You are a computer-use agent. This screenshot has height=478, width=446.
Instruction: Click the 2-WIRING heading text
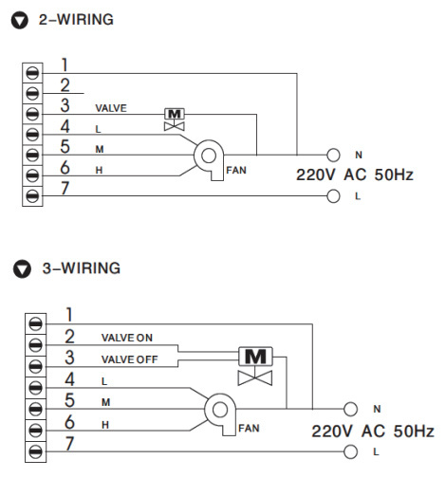[76, 20]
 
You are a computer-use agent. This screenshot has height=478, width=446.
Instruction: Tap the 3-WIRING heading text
[82, 268]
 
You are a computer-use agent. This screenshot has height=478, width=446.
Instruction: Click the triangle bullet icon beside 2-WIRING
[20, 21]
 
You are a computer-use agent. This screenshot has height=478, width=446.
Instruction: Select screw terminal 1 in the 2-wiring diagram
[32, 73]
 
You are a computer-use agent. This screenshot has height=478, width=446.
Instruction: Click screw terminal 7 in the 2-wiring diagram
[32, 196]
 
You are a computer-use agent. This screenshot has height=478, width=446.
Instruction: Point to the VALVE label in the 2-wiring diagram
[111, 108]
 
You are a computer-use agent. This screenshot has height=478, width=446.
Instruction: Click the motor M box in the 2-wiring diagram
[175, 114]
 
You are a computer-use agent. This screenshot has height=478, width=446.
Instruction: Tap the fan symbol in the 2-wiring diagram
[209, 159]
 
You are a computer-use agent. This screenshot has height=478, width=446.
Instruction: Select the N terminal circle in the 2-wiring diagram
[333, 156]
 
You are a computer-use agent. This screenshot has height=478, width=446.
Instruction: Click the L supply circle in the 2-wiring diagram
[333, 196]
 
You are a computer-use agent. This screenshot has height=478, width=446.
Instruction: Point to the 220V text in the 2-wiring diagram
[315, 175]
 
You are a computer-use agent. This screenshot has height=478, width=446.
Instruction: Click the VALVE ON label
[127, 338]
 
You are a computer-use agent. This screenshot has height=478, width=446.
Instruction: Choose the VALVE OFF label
[129, 359]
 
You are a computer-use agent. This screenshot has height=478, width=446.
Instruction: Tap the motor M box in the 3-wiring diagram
[255, 357]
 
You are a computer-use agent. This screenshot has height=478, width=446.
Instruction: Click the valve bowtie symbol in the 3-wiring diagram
[255, 378]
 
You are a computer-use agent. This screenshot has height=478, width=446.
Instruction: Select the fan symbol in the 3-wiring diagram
[220, 414]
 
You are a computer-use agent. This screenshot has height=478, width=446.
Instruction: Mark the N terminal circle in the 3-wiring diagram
[350, 409]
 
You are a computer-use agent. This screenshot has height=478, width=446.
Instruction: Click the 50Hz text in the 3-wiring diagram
[414, 432]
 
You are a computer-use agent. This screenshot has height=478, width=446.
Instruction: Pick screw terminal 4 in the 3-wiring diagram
[35, 388]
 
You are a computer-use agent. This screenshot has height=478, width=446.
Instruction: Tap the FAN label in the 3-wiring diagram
[249, 429]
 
